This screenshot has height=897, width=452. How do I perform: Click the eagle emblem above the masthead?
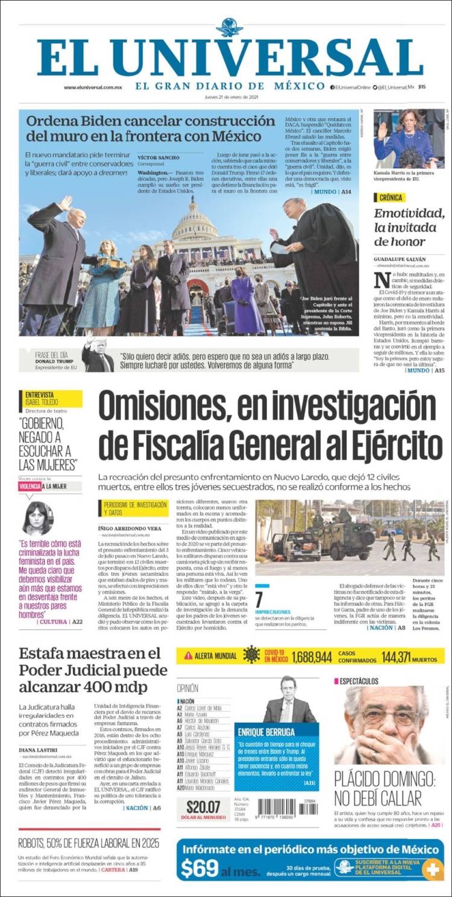[229, 27]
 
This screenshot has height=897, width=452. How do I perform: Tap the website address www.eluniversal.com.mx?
[93, 87]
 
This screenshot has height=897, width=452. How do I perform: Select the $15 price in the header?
[422, 87]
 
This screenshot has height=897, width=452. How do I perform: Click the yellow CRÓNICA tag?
[389, 197]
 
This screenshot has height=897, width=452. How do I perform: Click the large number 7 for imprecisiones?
[259, 600]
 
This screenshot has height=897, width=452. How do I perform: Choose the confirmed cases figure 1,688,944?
[312, 656]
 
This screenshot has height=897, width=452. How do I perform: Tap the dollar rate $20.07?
[203, 807]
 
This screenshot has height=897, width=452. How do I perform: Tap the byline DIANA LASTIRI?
[38, 749]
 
